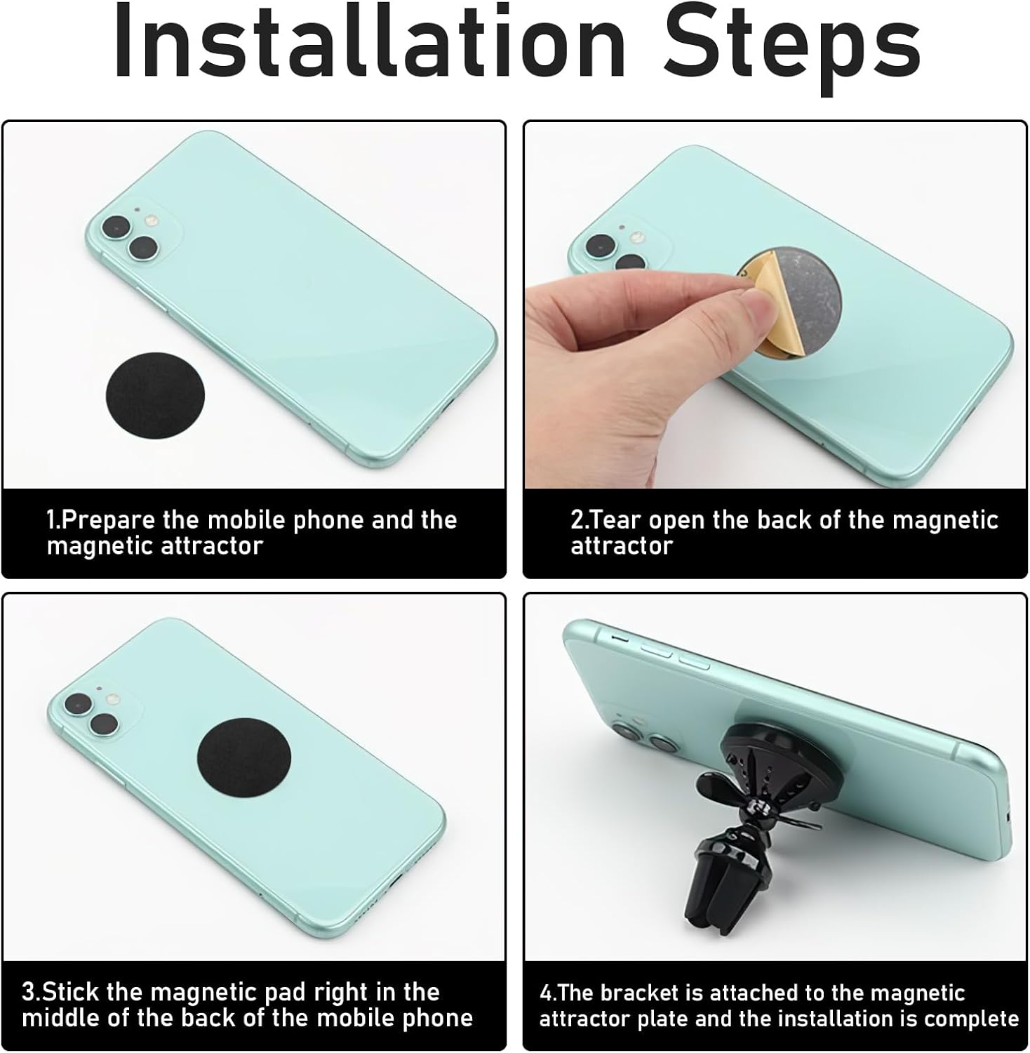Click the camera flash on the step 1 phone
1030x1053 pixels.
coord(149,222)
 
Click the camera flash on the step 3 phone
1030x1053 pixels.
coord(112,701)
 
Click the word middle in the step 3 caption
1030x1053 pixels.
coord(61,1019)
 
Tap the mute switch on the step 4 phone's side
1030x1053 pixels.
coord(620,639)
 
